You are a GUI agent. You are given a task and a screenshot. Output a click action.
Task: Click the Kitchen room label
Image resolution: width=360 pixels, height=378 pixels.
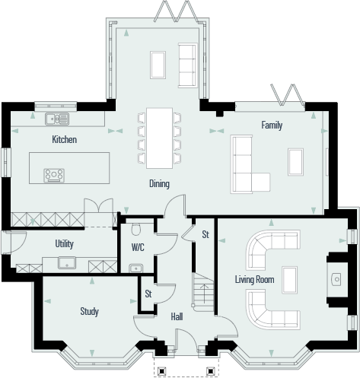click(64, 139)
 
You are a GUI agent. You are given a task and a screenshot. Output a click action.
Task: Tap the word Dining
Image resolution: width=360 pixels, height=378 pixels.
click(159, 184)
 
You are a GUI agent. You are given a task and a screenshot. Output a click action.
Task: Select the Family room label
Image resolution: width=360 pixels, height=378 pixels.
click(272, 125)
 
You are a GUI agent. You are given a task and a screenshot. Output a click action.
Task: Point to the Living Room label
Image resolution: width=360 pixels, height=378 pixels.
click(253, 280)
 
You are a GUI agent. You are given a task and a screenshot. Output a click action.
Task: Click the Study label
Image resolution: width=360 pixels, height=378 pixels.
click(90, 311)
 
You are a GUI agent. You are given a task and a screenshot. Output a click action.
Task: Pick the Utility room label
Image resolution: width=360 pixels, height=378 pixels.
click(64, 244)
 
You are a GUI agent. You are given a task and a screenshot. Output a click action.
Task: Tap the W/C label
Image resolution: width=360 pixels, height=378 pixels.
click(138, 248)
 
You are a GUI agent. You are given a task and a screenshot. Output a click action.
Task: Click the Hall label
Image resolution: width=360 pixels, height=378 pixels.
click(177, 316)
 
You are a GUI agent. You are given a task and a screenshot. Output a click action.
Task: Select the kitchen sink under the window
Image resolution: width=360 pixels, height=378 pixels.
click(57, 118)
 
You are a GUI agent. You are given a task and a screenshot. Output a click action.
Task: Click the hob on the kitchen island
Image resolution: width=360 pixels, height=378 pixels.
click(54, 175)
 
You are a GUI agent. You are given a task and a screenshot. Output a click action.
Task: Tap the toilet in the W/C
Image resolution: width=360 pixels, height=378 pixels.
click(136, 229)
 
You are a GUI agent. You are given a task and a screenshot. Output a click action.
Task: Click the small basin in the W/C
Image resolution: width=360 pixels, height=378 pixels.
click(135, 267)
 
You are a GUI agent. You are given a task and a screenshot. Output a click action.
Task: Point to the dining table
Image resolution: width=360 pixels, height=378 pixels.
click(160, 138)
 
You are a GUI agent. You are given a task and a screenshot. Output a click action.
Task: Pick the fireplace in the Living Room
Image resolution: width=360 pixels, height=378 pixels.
click(335, 279)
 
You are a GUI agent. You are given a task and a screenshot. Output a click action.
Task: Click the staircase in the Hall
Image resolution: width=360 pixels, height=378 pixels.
click(202, 292)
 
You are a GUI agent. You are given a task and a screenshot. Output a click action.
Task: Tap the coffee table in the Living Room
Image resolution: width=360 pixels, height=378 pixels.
click(289, 280)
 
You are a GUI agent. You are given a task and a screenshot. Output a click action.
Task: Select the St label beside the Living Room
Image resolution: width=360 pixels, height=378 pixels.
click(205, 235)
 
